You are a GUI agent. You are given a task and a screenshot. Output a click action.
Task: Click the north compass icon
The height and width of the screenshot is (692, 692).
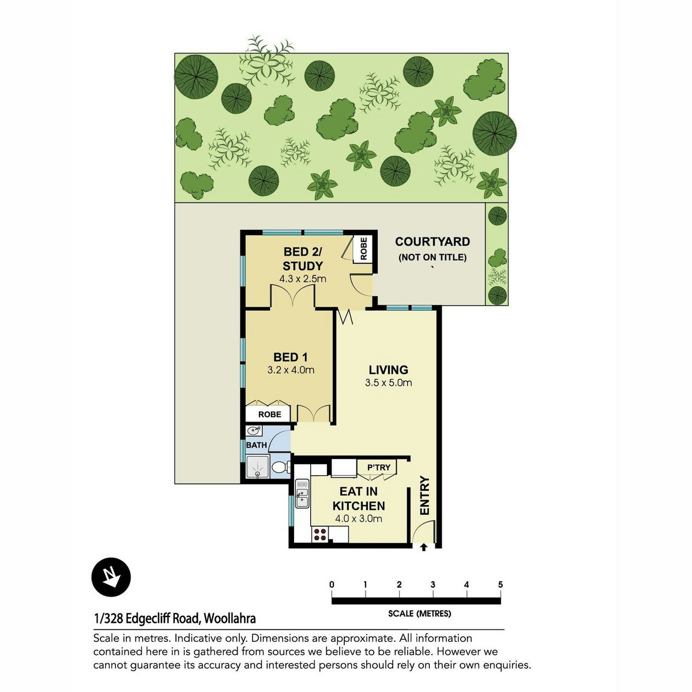pos(111,577)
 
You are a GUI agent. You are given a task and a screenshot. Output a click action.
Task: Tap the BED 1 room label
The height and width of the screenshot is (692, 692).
pos(290,357)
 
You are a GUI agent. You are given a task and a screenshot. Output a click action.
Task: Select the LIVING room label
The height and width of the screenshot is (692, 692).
pos(389,370)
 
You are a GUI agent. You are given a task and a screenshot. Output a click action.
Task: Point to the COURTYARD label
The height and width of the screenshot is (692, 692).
pos(432,242)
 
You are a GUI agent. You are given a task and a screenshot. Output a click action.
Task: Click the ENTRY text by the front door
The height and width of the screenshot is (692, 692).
pos(424,495)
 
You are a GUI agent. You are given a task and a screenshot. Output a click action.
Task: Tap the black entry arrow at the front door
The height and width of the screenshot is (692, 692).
pos(424,547)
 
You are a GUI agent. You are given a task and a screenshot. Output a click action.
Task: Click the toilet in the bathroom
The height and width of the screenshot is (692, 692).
pos(281,467)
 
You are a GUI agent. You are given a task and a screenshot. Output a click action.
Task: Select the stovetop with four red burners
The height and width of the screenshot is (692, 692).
pos(320,534)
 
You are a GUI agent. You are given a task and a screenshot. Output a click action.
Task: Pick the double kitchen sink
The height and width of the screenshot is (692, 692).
pos(302,494)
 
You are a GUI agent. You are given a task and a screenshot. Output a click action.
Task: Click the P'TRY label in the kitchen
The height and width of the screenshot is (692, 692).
pos(378,467)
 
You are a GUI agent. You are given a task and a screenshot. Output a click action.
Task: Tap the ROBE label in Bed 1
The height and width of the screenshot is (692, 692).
pos(270,414)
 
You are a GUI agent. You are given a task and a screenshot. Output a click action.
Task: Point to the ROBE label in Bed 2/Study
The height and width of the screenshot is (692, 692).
pos(363,248)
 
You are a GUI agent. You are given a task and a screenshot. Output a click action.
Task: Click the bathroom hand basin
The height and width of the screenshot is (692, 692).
pos(254,430)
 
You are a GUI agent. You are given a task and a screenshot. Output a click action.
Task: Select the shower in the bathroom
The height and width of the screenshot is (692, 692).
pos(257,467)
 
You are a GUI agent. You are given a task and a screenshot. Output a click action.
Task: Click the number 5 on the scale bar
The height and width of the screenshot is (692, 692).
pos(501,584)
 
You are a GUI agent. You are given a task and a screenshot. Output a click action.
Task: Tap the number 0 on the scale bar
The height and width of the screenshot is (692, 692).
pos(332,584)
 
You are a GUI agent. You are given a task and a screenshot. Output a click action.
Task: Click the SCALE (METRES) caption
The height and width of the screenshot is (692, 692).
pos(419,614)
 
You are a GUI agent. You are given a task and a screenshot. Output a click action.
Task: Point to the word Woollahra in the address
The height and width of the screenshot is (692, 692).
pos(230,619)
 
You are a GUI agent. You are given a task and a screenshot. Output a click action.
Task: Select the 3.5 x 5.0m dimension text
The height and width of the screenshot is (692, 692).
pos(389,382)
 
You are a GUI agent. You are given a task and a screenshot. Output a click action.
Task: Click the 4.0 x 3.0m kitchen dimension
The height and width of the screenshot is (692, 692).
pos(358,518)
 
